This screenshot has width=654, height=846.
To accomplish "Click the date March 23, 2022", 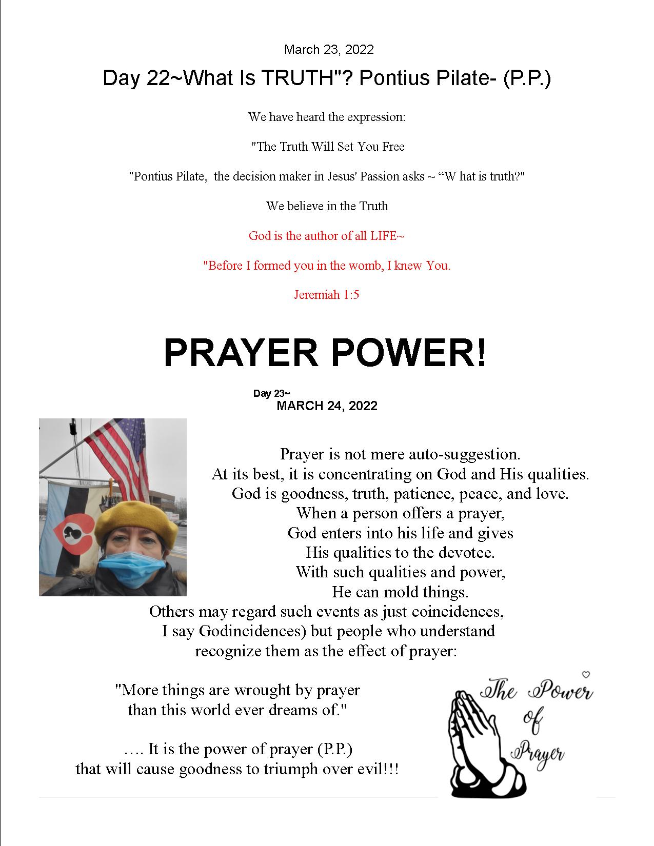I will [x=329, y=50].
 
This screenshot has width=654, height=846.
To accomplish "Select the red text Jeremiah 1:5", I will [x=326, y=295].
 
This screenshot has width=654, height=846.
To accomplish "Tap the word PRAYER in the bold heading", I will [x=241, y=353].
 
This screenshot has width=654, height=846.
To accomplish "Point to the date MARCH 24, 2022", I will [x=327, y=406].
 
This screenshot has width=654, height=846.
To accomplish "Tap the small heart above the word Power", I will [x=587, y=674].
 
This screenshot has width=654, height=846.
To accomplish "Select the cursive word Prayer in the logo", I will [x=539, y=754].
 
